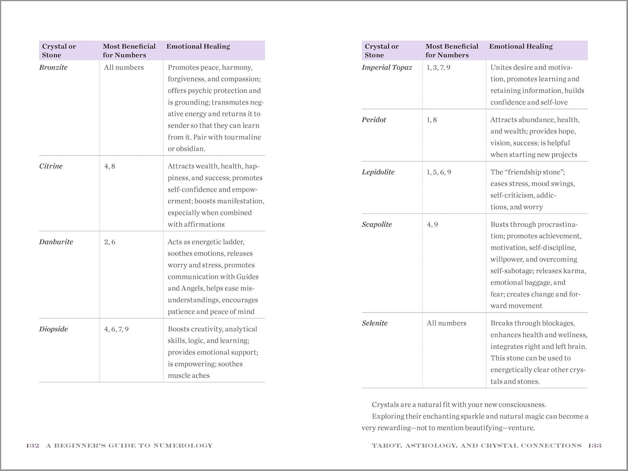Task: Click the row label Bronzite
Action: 53,67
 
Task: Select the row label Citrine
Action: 51,166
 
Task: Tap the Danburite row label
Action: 56,242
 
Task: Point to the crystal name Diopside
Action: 53,329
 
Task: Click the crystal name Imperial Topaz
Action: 387,67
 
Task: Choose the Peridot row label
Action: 374,119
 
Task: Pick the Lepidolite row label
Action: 378,172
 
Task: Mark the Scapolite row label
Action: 377,224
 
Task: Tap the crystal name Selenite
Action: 375,323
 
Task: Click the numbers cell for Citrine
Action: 110,166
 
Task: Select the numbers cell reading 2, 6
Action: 110,242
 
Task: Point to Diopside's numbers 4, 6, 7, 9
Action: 116,329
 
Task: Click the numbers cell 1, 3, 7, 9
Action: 439,67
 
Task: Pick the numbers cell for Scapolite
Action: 432,224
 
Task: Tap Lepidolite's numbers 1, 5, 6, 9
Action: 439,172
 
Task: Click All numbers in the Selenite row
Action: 446,323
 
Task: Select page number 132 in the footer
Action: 33,445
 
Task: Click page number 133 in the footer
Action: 595,445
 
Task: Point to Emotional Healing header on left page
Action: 198,46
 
